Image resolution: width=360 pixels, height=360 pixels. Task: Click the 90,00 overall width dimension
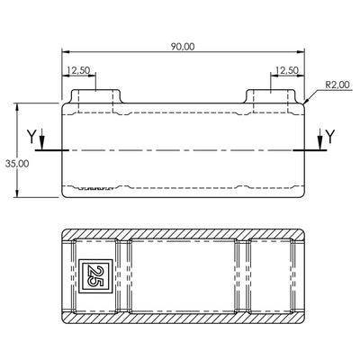point(183,47)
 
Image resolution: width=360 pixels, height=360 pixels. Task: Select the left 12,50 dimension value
point(78,70)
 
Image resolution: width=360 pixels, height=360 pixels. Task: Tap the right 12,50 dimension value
point(287,70)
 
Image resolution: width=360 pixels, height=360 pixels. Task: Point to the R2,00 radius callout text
point(337,85)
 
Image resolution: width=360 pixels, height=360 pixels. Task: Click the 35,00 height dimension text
point(17,164)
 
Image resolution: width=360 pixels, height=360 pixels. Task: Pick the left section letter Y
point(31,136)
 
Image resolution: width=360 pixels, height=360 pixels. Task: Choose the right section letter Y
point(330,136)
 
